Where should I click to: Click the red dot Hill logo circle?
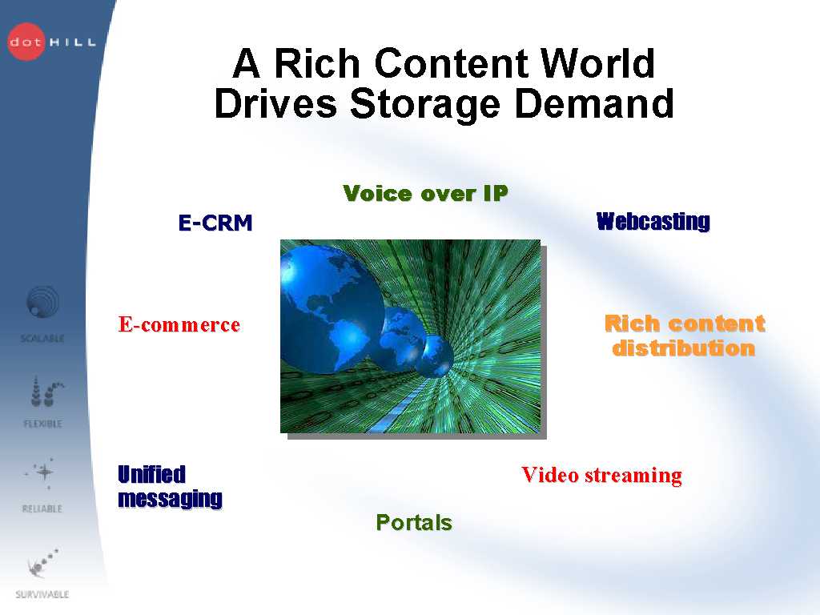[x=26, y=42]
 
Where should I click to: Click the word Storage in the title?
[x=424, y=103]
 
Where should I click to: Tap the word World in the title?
[x=597, y=62]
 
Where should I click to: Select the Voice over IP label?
[x=425, y=194]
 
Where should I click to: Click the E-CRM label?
[x=215, y=223]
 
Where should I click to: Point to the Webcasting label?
[x=653, y=221]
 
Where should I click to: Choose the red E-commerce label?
[x=179, y=325]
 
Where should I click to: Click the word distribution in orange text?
[x=684, y=348]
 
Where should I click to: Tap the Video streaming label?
[x=602, y=476]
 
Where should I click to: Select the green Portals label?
[x=414, y=522]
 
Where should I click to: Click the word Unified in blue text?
[x=151, y=474]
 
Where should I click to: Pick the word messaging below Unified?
[x=170, y=499]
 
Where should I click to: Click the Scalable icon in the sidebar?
[x=42, y=302]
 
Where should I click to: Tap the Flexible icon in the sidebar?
[x=46, y=392]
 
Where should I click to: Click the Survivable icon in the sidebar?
[x=42, y=563]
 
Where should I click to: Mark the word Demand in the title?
[x=594, y=103]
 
